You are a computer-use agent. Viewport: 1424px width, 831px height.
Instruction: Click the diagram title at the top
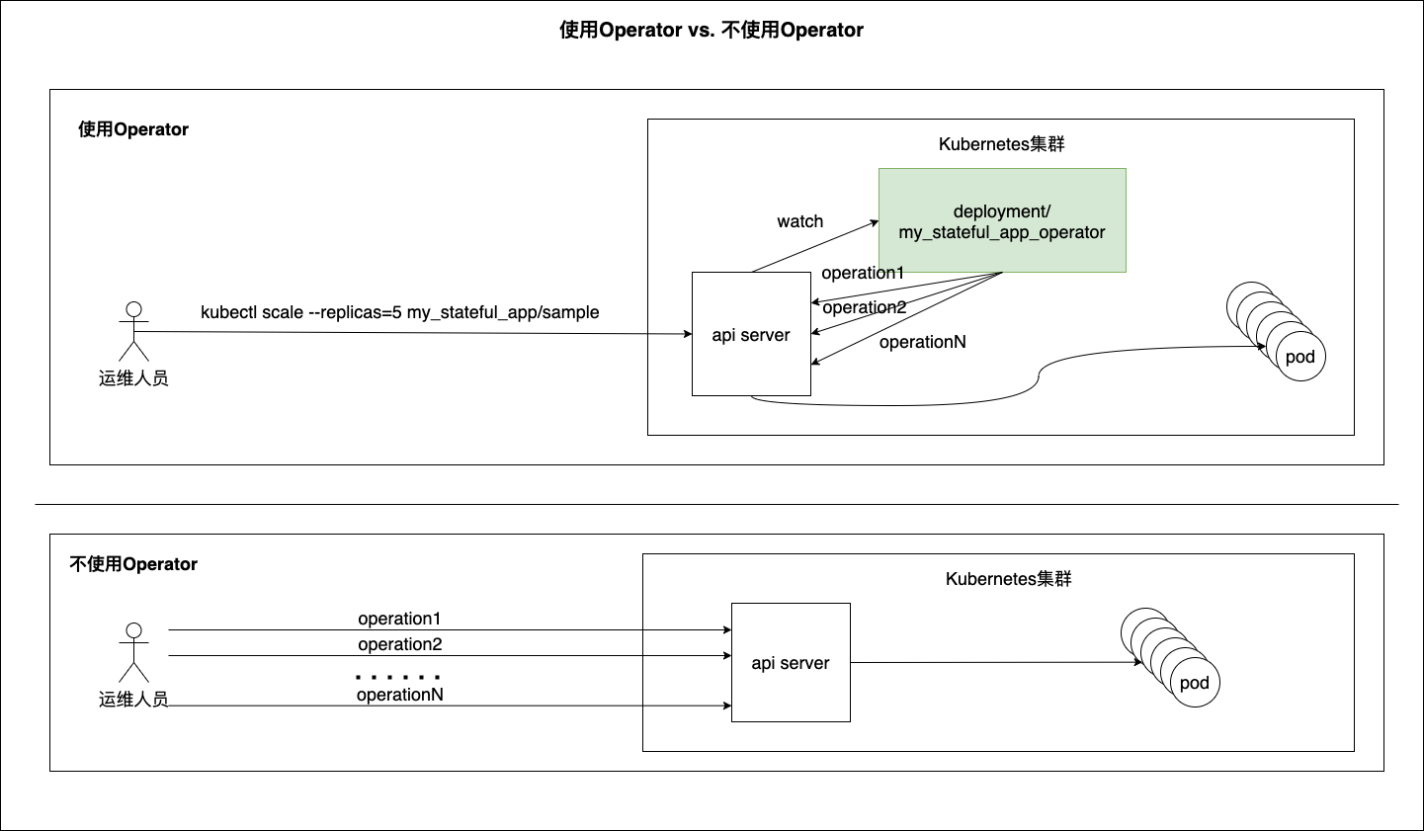tap(712, 30)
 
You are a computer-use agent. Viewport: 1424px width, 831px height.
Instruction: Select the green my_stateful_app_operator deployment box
tap(1002, 220)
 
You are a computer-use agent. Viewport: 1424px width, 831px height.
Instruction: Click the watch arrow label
tap(799, 221)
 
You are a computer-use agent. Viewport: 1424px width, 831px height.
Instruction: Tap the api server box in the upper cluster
tap(751, 334)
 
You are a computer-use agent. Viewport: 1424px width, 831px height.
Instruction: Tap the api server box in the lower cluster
tap(791, 662)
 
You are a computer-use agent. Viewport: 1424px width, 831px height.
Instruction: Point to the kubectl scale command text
tap(400, 312)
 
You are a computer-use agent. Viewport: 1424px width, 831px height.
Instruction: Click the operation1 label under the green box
tap(863, 273)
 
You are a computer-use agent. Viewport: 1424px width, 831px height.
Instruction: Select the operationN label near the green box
tap(922, 342)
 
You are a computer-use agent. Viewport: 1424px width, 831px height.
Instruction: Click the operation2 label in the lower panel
tap(399, 644)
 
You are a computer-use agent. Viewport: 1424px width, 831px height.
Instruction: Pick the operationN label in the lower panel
tap(399, 695)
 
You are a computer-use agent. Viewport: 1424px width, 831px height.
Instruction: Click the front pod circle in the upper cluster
tap(1299, 357)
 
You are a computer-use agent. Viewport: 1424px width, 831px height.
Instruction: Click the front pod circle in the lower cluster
tap(1194, 683)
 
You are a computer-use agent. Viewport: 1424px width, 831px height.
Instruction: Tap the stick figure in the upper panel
tap(133, 331)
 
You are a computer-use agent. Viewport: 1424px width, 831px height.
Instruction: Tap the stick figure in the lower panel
tap(133, 652)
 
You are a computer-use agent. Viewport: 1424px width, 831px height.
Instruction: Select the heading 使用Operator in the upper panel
tap(133, 129)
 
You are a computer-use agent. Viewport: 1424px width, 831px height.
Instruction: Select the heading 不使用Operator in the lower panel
tap(133, 564)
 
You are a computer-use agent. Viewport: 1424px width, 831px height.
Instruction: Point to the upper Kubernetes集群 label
tap(1001, 144)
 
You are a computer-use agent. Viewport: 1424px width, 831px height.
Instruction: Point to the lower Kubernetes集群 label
tap(1008, 579)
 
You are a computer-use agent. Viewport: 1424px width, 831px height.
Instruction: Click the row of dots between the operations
tap(398, 678)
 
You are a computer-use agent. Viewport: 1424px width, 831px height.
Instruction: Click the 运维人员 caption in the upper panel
tap(133, 377)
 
